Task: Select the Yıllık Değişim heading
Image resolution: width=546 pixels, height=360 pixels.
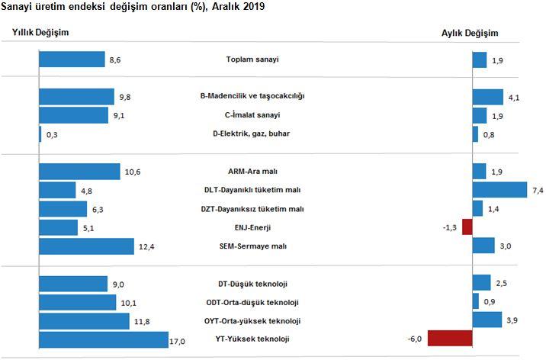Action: click(x=40, y=33)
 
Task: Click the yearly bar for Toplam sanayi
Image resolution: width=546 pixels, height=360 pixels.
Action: click(x=72, y=59)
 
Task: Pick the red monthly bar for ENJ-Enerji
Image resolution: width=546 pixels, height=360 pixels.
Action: click(x=467, y=227)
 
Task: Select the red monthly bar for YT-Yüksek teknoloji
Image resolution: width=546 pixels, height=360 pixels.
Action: click(x=451, y=339)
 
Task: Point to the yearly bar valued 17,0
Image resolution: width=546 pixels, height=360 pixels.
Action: click(x=103, y=339)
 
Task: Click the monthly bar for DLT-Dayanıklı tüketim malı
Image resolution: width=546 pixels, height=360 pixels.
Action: click(x=500, y=190)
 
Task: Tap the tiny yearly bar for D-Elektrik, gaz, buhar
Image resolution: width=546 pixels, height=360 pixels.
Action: click(x=40, y=134)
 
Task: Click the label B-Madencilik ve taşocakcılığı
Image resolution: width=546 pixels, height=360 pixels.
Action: click(x=252, y=97)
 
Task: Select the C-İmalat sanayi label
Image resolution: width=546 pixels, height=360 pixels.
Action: click(x=252, y=115)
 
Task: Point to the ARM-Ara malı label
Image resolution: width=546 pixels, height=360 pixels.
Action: click(x=252, y=172)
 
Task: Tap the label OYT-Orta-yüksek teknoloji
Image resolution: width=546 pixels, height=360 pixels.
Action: click(x=252, y=320)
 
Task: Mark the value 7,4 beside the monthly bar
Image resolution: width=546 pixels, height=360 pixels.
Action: click(x=537, y=190)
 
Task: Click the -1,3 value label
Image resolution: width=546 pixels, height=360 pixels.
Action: click(x=451, y=227)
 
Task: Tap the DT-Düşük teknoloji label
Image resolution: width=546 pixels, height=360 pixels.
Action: click(x=252, y=284)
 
